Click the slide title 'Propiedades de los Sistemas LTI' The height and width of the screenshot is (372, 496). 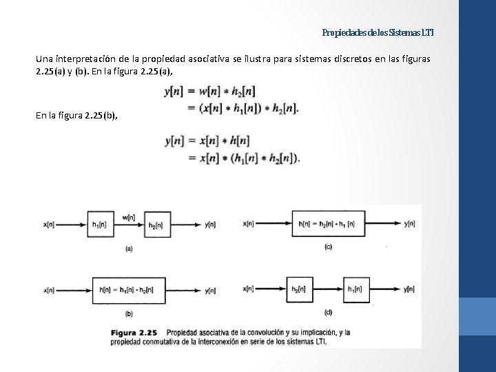(x=378, y=32)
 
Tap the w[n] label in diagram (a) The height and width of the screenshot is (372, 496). (x=129, y=217)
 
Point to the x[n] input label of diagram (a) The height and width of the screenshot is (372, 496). (x=50, y=225)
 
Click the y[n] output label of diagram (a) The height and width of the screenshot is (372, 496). (x=212, y=225)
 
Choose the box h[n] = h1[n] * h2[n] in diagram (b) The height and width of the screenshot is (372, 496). (x=128, y=290)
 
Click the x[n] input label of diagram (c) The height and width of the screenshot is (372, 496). (x=249, y=223)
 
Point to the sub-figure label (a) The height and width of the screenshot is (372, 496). (x=129, y=249)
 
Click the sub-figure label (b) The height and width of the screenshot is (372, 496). (x=129, y=314)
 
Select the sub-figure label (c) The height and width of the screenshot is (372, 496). (x=328, y=247)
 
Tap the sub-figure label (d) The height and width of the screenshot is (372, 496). (x=328, y=312)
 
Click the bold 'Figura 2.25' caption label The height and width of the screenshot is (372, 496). (x=135, y=332)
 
